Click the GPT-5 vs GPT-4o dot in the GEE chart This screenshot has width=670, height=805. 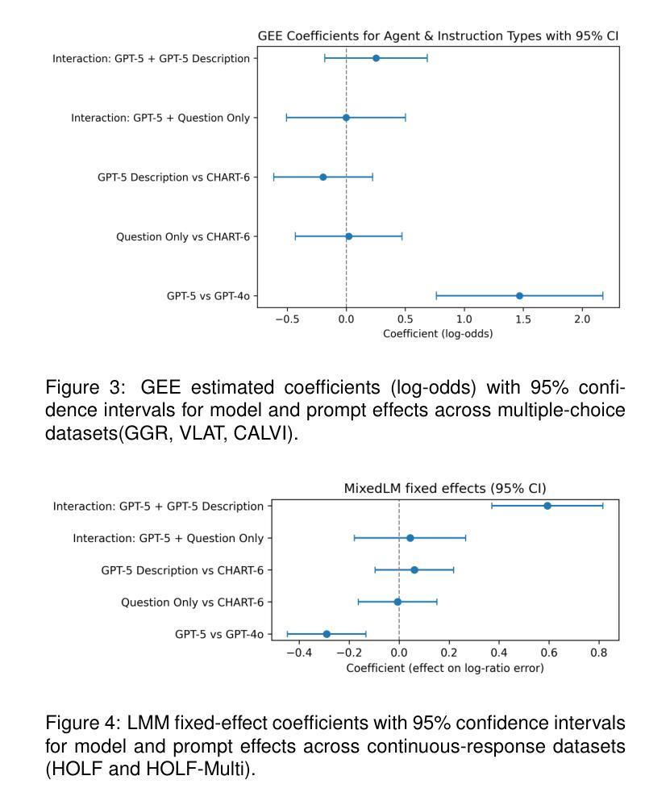pyautogui.click(x=519, y=296)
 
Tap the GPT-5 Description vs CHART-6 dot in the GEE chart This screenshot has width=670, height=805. pyautogui.click(x=323, y=177)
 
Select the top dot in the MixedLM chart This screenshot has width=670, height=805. pyautogui.click(x=547, y=506)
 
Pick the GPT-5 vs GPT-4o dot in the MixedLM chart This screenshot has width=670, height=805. pyautogui.click(x=327, y=634)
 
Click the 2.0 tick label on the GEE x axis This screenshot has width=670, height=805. pyautogui.click(x=582, y=320)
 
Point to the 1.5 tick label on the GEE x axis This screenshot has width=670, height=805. pyautogui.click(x=522, y=320)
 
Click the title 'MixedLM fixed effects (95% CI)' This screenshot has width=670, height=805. pyautogui.click(x=445, y=488)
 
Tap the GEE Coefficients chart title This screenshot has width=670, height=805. pyautogui.click(x=438, y=36)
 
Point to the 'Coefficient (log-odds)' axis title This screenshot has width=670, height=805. pyautogui.click(x=438, y=334)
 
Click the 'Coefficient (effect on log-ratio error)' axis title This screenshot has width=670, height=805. pyautogui.click(x=445, y=668)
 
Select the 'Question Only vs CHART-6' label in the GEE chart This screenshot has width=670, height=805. pyautogui.click(x=183, y=236)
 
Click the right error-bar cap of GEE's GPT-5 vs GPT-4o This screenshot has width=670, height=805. pyautogui.click(x=603, y=296)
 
